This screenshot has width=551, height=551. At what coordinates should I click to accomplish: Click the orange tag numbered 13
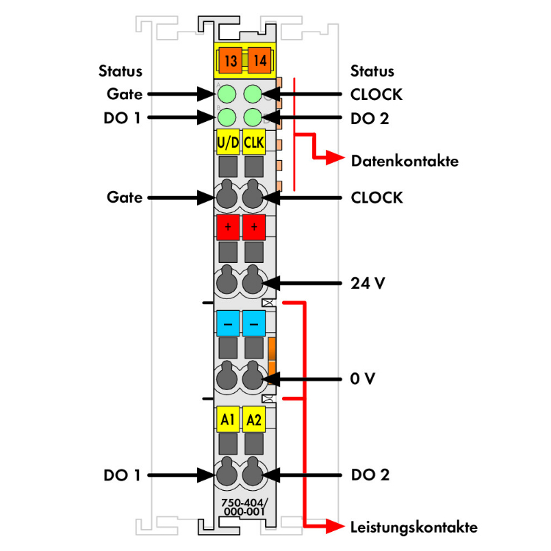[x=229, y=59]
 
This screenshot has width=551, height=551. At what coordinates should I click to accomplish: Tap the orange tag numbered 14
[x=256, y=59]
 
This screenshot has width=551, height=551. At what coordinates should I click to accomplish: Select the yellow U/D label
[x=228, y=141]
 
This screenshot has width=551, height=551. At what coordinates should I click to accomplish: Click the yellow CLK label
[x=254, y=141]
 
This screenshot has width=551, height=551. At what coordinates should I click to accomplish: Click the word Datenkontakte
[x=404, y=160]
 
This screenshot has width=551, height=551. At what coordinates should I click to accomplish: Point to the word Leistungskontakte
[x=414, y=527]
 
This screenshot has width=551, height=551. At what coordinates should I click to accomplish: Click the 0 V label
[x=363, y=379]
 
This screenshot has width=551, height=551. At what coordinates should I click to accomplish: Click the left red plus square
[x=228, y=227]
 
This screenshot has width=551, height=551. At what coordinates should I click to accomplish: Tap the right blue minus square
[x=254, y=323]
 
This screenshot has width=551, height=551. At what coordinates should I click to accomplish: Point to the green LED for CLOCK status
[x=253, y=94]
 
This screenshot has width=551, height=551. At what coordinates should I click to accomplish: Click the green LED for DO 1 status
[x=227, y=116]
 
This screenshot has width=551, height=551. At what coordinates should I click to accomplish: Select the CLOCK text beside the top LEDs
[x=376, y=94]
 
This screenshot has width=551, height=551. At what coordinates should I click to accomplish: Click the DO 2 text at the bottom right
[x=370, y=475]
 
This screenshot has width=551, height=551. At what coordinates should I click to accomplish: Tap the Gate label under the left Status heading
[x=123, y=94]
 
